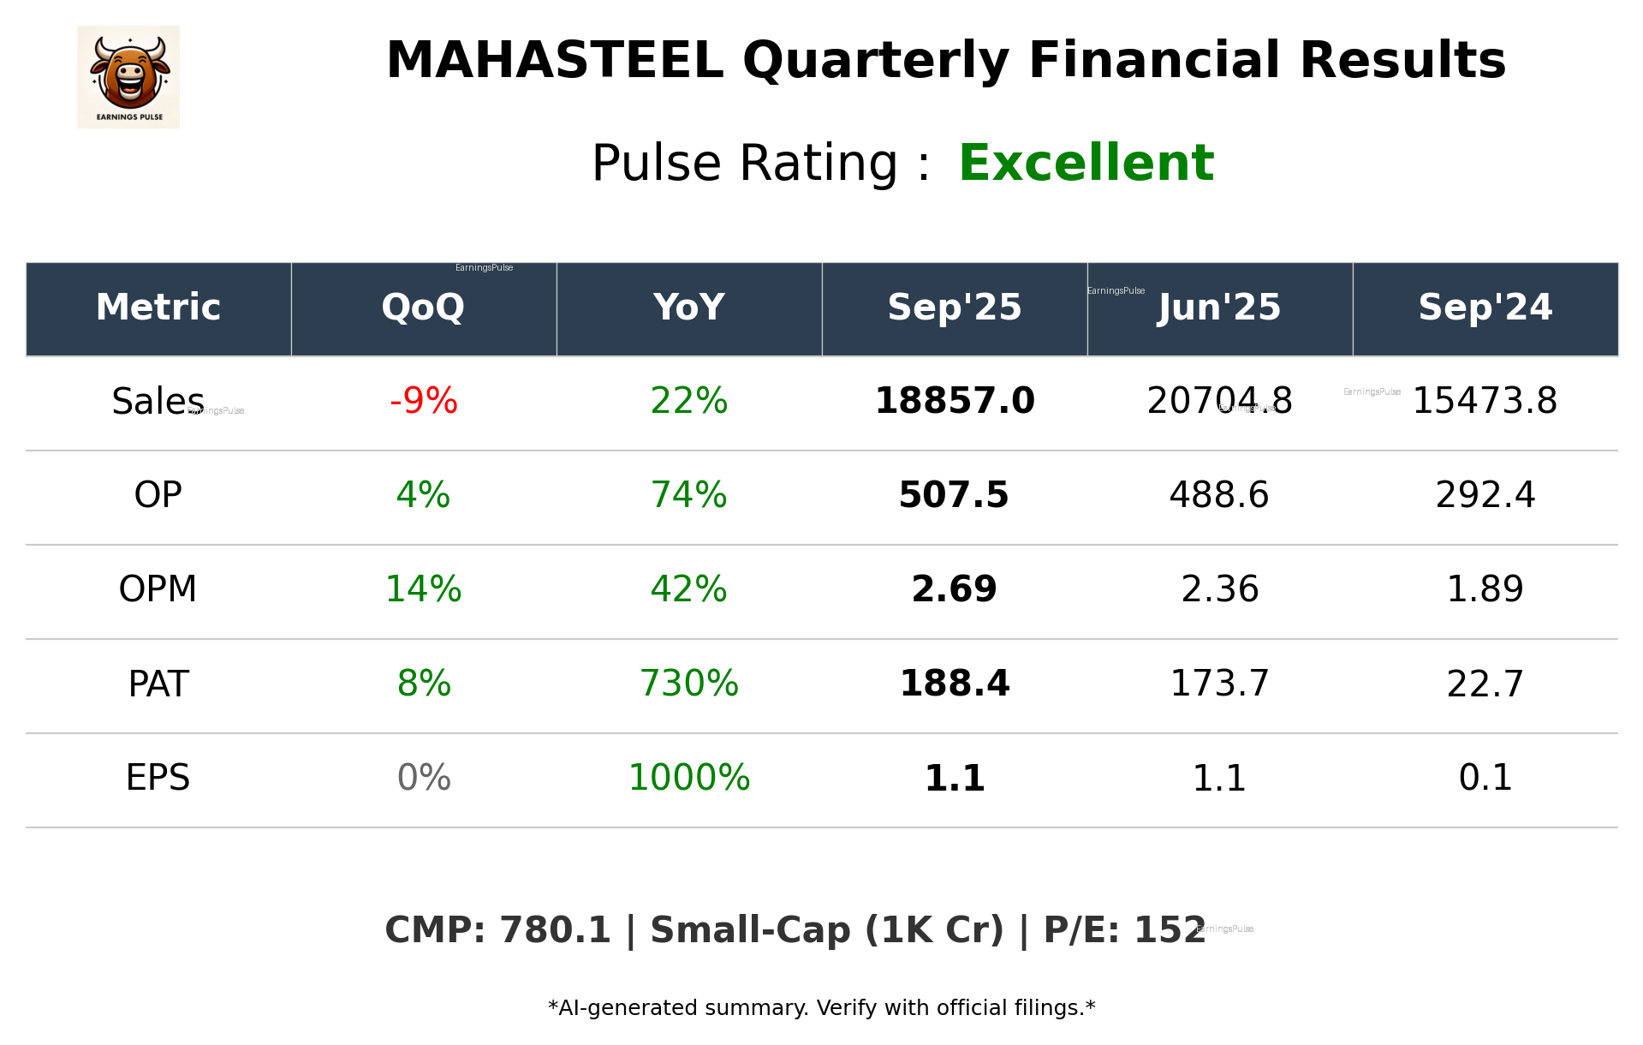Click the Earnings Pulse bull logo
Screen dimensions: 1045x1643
point(128,76)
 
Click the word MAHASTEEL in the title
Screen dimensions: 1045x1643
point(554,62)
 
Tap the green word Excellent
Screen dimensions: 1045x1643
point(1086,163)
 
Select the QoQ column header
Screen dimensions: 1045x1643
point(423,308)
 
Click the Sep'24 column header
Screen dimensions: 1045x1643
point(1485,308)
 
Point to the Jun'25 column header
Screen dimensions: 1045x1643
point(1219,308)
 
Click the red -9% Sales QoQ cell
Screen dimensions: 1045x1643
point(423,401)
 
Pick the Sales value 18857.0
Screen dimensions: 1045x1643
point(954,401)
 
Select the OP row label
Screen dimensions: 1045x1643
point(158,495)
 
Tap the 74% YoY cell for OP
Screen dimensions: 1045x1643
point(688,495)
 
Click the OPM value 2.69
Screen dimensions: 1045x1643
point(954,589)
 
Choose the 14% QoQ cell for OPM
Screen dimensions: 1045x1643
point(423,589)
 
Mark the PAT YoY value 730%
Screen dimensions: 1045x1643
point(688,684)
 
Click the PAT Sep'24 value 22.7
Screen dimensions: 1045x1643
point(1485,684)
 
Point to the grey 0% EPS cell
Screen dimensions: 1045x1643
point(423,778)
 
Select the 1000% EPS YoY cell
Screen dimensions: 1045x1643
point(688,778)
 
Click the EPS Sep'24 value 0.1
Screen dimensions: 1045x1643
point(1485,778)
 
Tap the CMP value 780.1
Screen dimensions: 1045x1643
point(554,931)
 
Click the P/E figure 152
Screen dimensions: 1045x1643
point(1170,931)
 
